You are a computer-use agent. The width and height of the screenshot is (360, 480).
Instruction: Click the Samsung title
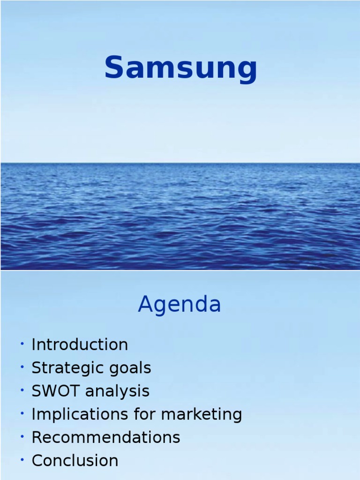(180, 68)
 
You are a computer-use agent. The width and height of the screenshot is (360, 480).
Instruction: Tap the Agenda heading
(180, 305)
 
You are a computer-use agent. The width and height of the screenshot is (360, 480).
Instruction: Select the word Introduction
(80, 345)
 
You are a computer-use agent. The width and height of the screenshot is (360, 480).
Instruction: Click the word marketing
(202, 415)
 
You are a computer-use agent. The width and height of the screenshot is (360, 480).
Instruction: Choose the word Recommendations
(106, 437)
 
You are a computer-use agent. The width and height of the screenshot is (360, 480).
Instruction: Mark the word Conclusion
(75, 460)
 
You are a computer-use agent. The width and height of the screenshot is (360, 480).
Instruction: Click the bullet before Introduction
(22, 345)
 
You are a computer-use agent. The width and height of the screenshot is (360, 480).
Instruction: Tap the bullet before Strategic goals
(22, 367)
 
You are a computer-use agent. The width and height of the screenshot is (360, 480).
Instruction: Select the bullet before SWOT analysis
(22, 390)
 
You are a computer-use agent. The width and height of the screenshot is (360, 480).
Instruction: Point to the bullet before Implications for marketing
(22, 413)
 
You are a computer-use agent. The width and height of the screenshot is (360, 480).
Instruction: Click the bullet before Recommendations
(22, 437)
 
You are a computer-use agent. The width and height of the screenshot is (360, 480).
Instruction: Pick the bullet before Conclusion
(22, 460)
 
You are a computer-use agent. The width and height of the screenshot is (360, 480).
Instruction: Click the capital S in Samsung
(115, 67)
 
